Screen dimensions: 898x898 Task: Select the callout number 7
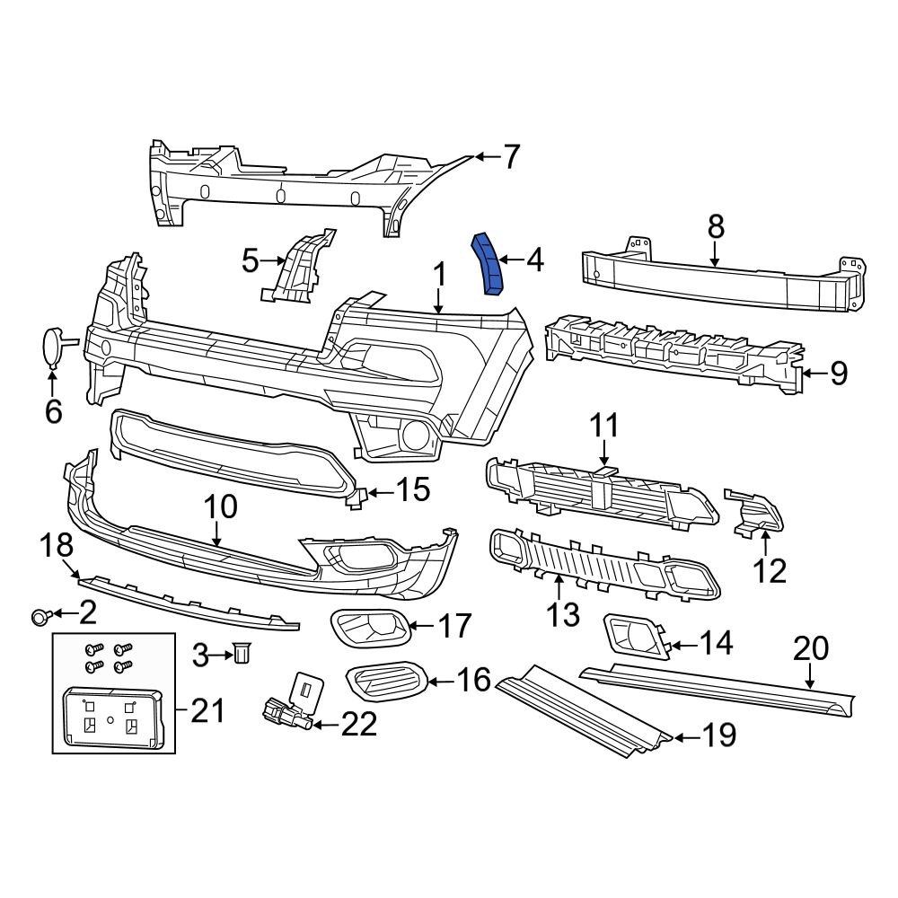click(x=511, y=157)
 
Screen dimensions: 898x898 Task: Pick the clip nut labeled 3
click(x=240, y=655)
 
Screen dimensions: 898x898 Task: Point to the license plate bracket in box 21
click(x=110, y=718)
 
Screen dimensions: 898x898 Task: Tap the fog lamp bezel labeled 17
click(x=370, y=625)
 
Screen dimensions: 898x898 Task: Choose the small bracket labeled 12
click(x=756, y=512)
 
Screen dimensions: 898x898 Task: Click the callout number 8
click(x=715, y=227)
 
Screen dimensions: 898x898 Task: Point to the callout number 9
click(x=838, y=373)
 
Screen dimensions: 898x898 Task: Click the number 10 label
click(x=220, y=507)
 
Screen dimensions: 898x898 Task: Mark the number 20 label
click(x=812, y=647)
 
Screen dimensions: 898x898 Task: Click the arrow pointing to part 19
click(x=684, y=738)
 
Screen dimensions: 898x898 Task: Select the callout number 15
click(x=414, y=490)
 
